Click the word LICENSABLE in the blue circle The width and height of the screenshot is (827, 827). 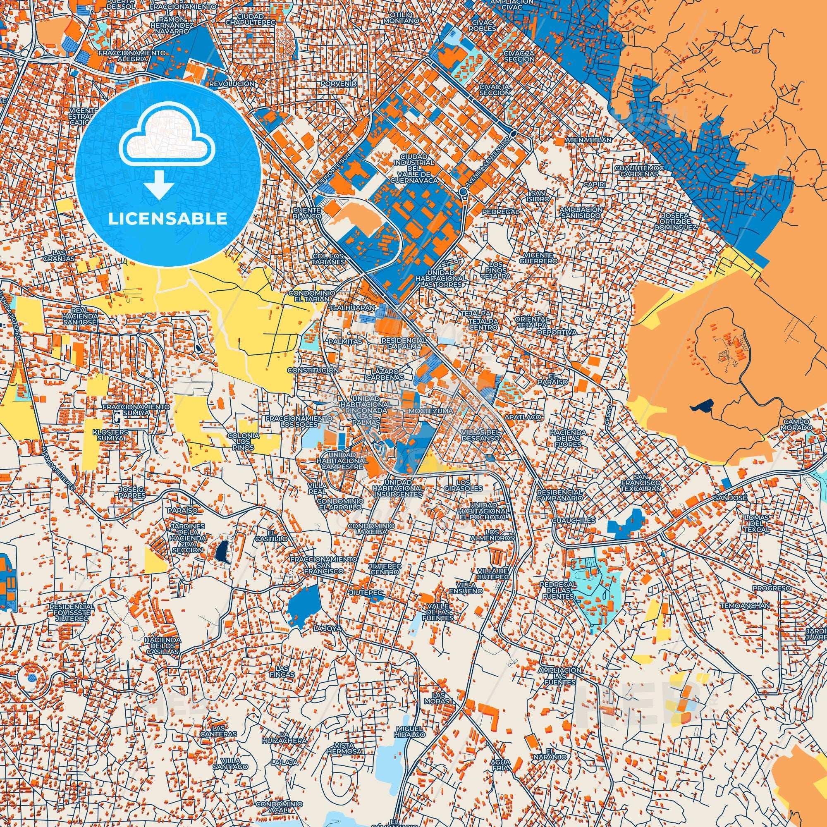pyautogui.click(x=167, y=219)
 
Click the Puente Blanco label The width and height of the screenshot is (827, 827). pyautogui.click(x=307, y=213)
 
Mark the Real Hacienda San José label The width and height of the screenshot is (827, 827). pyautogui.click(x=80, y=315)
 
